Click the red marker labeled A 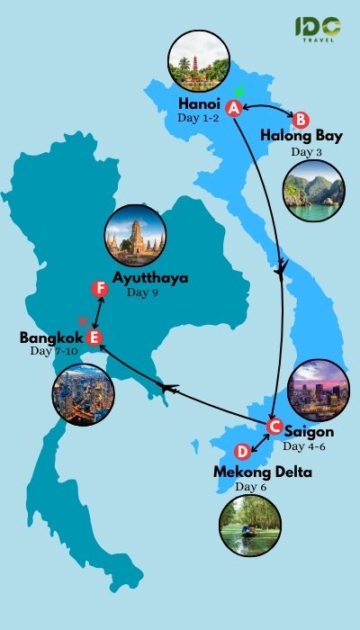click(233, 108)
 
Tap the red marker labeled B click(301, 119)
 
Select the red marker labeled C click(275, 427)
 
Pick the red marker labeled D click(240, 452)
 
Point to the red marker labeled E click(93, 338)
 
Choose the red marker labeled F click(101, 289)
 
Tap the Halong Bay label click(301, 136)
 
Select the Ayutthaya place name click(150, 277)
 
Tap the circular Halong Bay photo click(313, 191)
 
